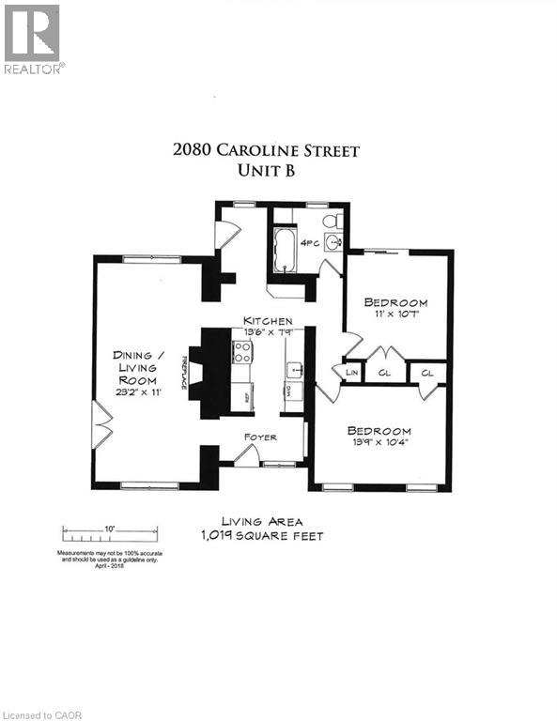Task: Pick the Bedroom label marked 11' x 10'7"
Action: coord(395,302)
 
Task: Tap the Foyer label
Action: coord(260,437)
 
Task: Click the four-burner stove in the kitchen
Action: coord(242,352)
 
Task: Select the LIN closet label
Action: coord(352,373)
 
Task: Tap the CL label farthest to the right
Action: coord(427,373)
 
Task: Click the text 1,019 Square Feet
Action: coord(260,536)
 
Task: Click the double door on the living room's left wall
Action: coord(101,427)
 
